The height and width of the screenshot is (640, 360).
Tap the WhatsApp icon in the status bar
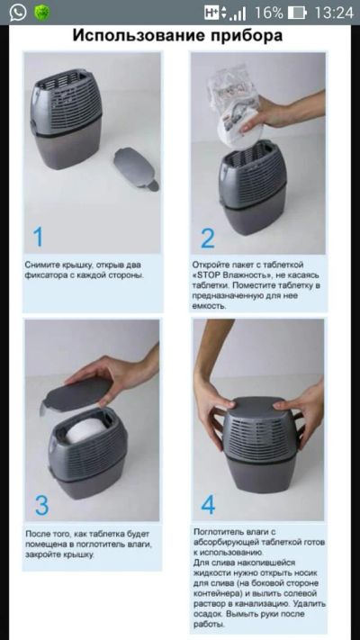click(18, 13)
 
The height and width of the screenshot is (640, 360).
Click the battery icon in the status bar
click(297, 14)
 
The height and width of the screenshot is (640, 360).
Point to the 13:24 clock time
click(334, 14)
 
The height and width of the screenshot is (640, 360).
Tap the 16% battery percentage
click(268, 14)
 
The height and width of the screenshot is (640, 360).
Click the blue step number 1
click(38, 237)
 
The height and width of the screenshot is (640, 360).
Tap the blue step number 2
click(207, 239)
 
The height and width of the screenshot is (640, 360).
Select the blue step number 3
click(41, 505)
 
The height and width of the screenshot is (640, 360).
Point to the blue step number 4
click(208, 504)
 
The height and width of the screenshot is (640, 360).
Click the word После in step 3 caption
click(35, 534)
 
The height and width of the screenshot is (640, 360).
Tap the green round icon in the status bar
click(42, 14)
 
